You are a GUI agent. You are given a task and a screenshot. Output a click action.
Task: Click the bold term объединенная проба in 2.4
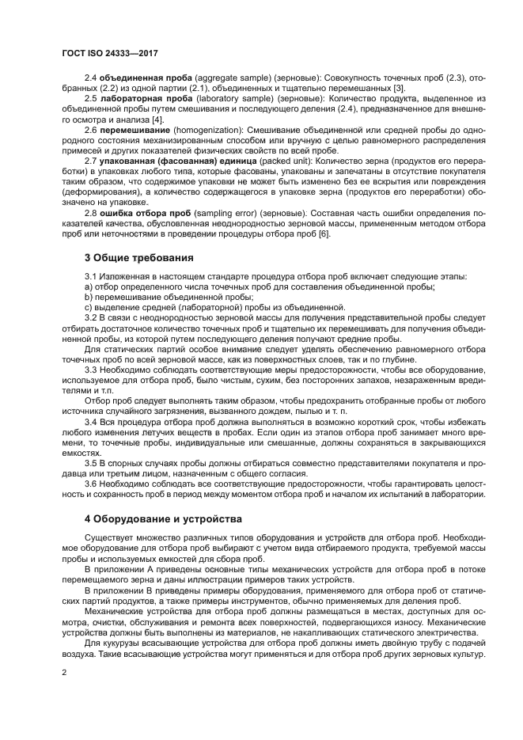(x=138, y=78)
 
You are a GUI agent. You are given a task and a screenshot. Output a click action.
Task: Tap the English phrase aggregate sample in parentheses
(x=218, y=78)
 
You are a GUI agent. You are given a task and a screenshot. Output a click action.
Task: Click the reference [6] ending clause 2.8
(x=324, y=234)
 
